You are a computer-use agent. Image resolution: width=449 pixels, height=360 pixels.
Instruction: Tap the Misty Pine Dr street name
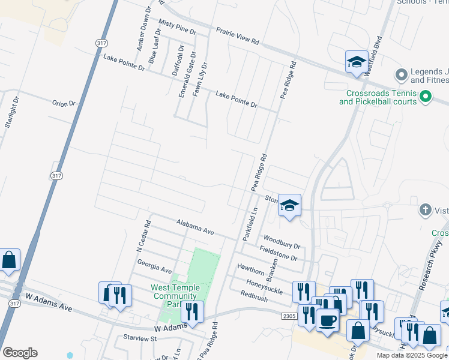click(177, 26)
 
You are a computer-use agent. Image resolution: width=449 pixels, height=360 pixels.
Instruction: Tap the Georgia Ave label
click(154, 266)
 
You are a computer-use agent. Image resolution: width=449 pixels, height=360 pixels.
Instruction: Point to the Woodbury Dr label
click(281, 241)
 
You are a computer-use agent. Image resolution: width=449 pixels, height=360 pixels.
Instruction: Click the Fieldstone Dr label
click(278, 253)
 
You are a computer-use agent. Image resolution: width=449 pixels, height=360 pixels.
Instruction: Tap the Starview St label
click(140, 338)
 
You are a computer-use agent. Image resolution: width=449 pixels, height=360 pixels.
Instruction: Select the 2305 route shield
click(289, 315)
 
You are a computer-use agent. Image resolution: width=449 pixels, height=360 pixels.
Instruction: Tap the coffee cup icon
click(328, 321)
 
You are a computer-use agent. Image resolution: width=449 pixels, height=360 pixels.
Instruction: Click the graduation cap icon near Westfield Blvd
click(357, 62)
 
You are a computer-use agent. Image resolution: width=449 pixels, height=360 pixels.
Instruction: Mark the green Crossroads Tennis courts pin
click(426, 96)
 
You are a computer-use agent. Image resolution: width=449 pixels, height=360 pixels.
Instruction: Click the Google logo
click(20, 353)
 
